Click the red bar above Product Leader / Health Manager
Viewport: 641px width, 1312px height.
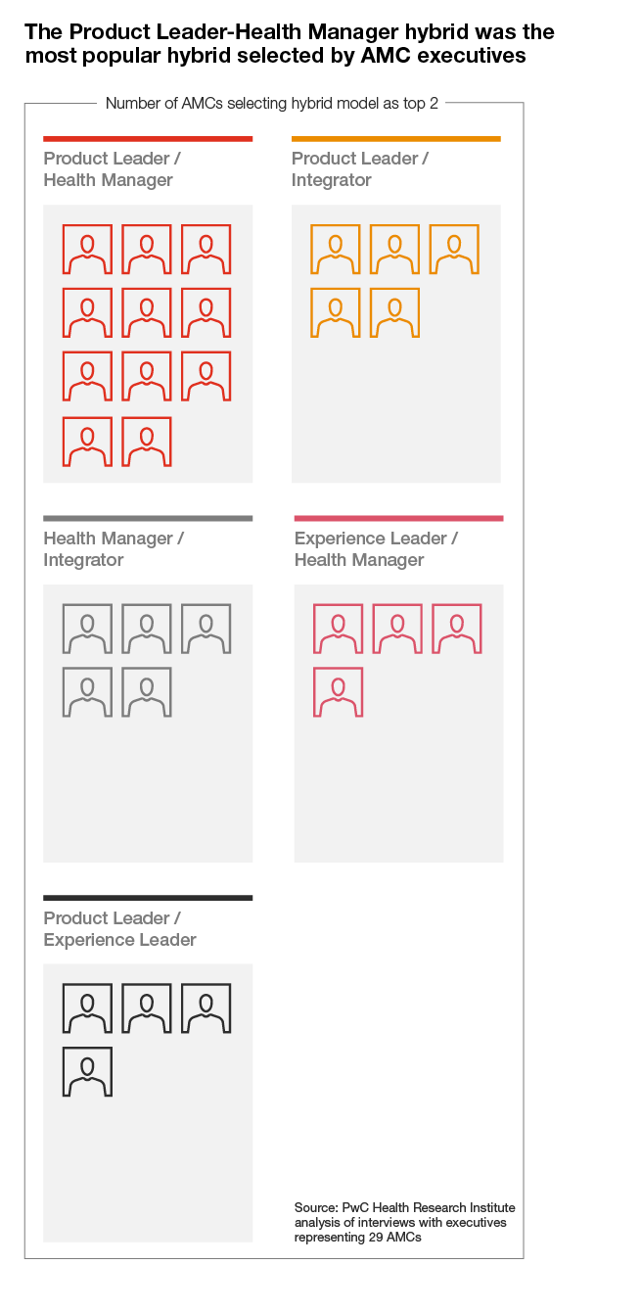coord(148,139)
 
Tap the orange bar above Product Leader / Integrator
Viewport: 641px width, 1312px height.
coord(395,139)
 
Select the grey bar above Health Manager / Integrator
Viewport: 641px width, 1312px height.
coord(148,518)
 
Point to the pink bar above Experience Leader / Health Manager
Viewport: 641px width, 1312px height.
coord(398,518)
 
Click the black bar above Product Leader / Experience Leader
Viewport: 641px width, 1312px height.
coord(148,898)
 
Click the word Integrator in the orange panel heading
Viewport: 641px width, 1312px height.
coord(332,180)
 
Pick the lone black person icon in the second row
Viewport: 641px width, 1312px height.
coord(87,1072)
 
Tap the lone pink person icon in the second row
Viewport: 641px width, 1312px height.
coord(338,692)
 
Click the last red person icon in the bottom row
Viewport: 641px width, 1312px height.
coord(147,442)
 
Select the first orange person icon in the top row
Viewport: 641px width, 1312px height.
coord(336,249)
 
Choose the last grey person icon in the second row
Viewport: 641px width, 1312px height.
coord(147,692)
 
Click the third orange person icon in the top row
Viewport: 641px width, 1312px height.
coord(454,249)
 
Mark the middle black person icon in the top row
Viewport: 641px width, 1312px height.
coord(147,1008)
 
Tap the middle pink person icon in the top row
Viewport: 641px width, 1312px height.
coord(397,629)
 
